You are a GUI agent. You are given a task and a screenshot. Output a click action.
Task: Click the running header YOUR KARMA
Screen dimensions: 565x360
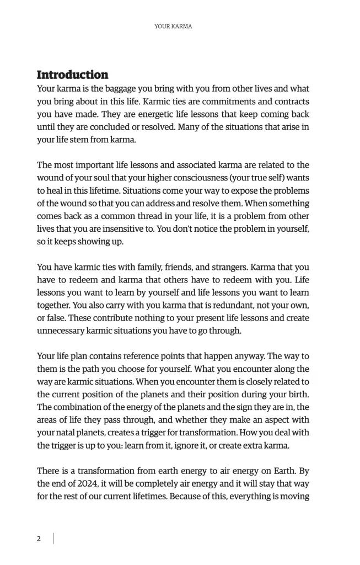click(x=173, y=26)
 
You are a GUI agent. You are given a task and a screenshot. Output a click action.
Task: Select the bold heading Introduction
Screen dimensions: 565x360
click(x=72, y=74)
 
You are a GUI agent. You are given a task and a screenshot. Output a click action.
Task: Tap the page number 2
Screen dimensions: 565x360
click(x=39, y=539)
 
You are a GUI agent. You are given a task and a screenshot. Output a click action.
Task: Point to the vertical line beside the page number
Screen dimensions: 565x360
click(x=53, y=539)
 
